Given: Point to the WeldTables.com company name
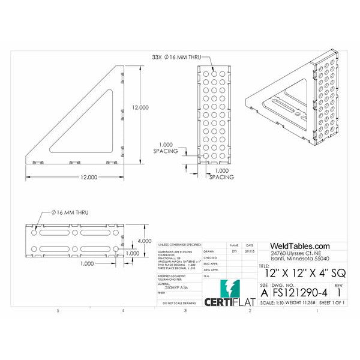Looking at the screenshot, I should (x=300, y=246).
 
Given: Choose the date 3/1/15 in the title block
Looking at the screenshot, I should (x=249, y=252).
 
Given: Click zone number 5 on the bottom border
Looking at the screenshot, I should (x=58, y=311).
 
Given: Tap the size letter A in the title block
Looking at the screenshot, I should (x=265, y=292).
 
